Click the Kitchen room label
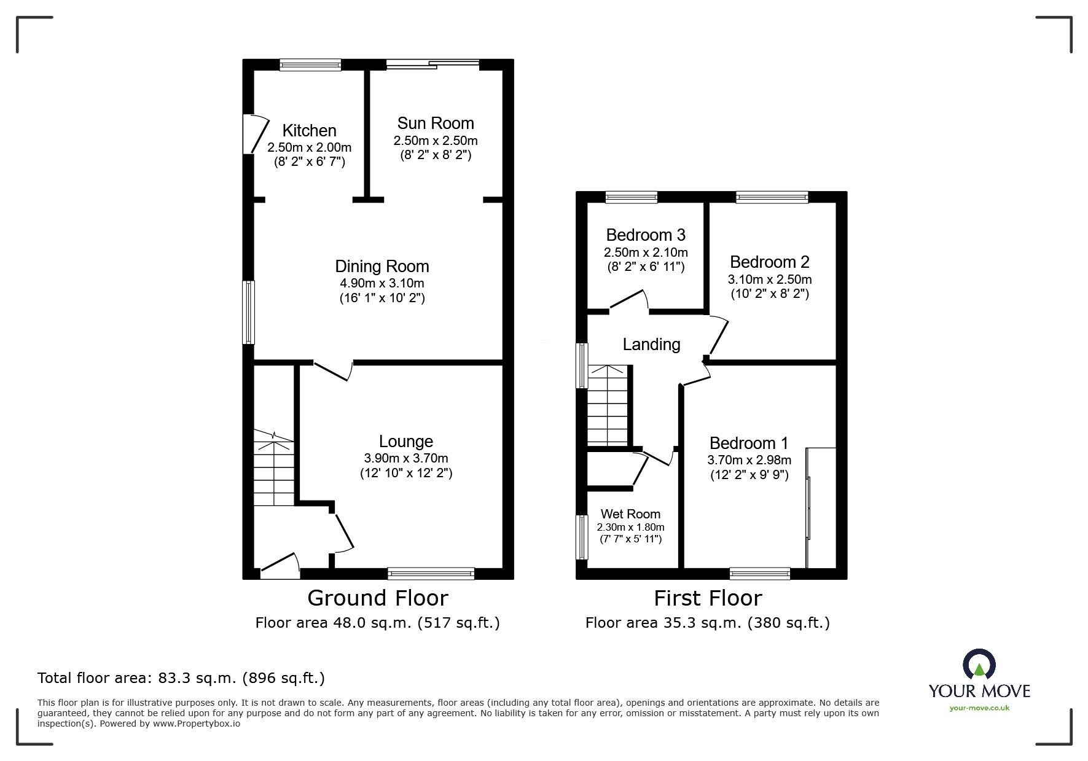tap(309, 130)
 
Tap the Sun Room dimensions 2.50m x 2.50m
tap(435, 141)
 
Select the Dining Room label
tap(382, 267)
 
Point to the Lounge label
tap(405, 441)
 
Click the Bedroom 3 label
tap(645, 235)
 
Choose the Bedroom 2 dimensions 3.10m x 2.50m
tap(769, 279)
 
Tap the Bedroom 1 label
tap(748, 443)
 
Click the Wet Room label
tap(630, 514)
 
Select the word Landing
tap(651, 345)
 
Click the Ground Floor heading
tap(377, 598)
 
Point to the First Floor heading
tap(707, 598)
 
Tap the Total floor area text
tap(181, 678)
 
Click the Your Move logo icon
tap(979, 666)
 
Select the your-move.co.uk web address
tap(979, 708)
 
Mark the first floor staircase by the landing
tap(608, 405)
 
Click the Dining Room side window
tap(248, 312)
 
